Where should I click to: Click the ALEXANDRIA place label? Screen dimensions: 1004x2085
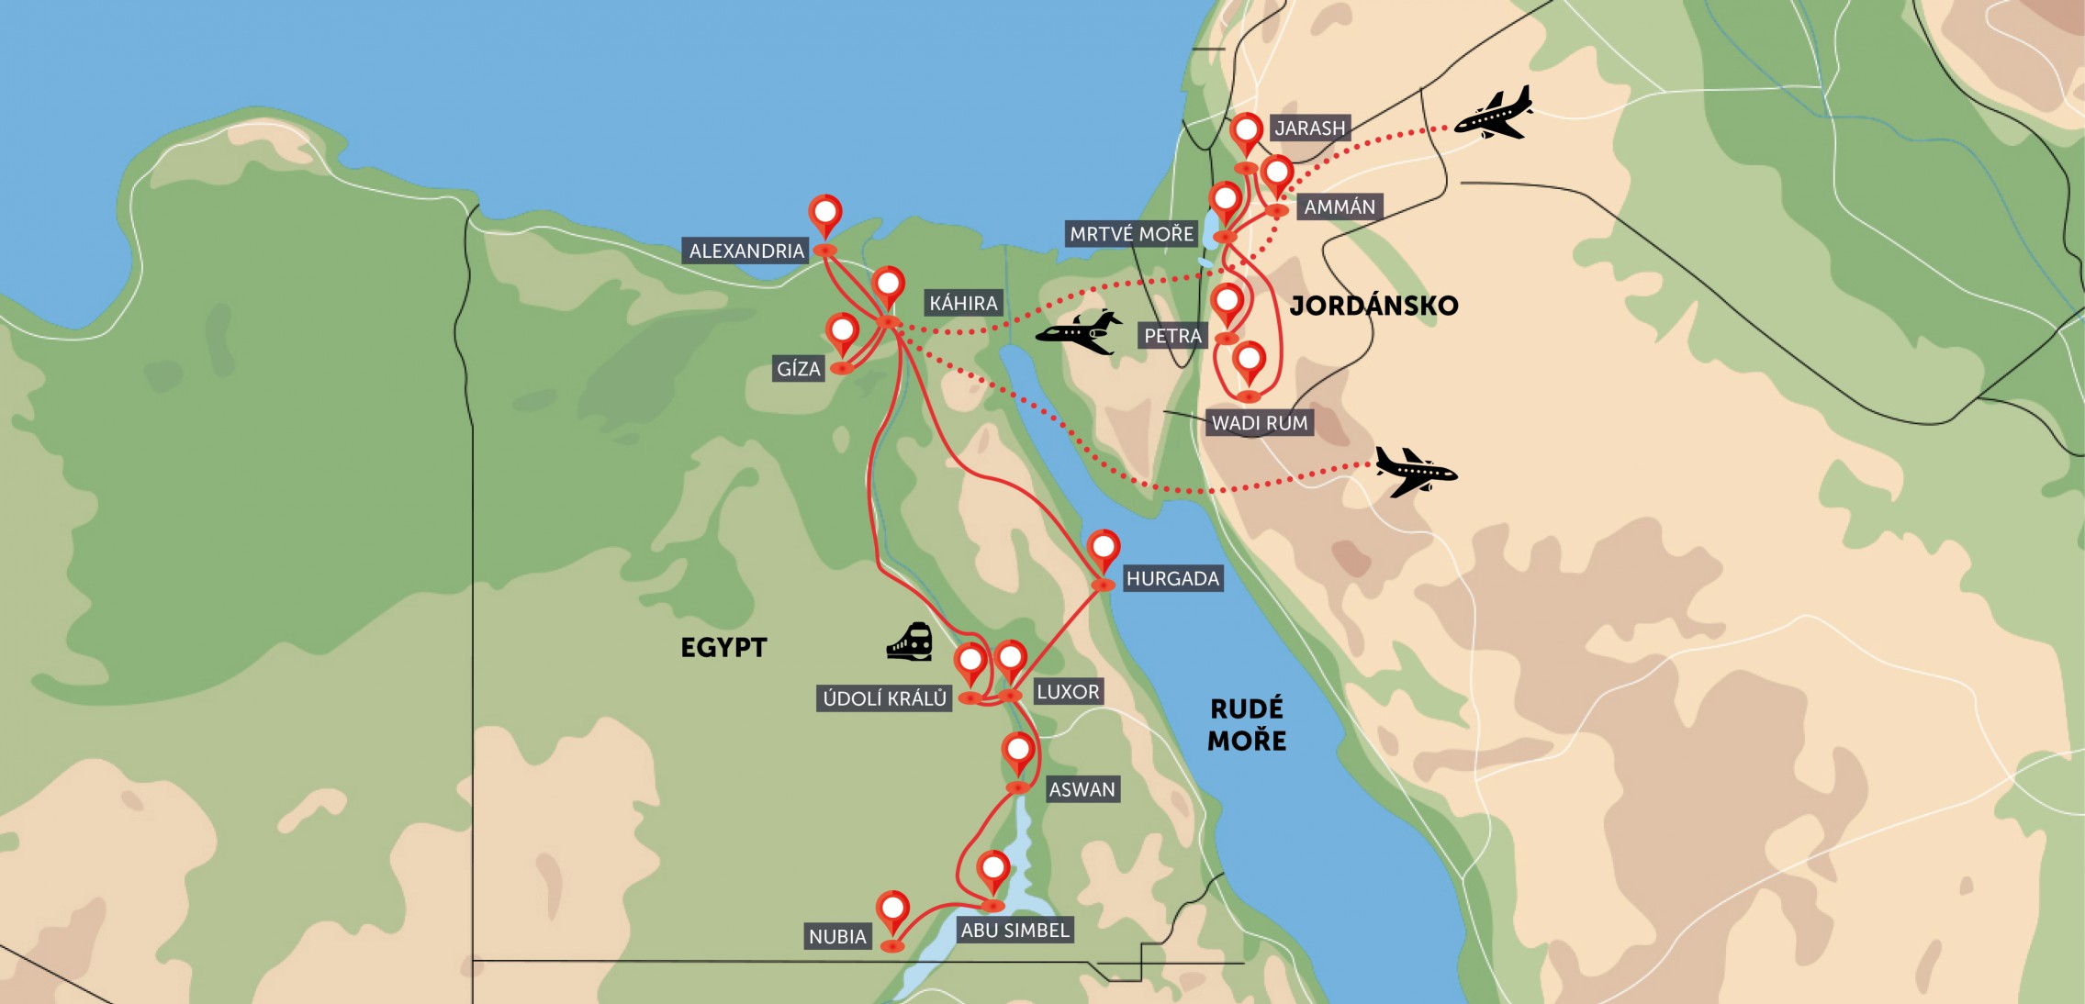point(745,251)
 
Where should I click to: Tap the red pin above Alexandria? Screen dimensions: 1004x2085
point(824,214)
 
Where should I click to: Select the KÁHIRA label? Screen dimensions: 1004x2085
point(962,303)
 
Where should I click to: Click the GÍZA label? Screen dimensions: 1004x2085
point(798,369)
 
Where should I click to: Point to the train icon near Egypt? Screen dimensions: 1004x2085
point(910,641)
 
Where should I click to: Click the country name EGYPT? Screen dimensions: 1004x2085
point(723,648)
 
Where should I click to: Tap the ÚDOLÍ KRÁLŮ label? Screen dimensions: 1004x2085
point(883,698)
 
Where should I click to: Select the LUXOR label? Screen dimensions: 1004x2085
point(1067,692)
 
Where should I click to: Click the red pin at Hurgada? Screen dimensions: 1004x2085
point(1103,549)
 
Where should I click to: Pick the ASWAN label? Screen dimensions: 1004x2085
point(1082,789)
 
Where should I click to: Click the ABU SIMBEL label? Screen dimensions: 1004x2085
point(1014,931)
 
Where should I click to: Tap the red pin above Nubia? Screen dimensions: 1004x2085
point(892,910)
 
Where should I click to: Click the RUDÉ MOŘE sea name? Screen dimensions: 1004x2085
point(1246,724)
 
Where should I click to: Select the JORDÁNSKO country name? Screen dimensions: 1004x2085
point(1373,306)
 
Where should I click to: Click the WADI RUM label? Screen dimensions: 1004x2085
point(1259,423)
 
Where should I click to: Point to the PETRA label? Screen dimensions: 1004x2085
point(1171,336)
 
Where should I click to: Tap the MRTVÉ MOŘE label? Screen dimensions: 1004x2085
point(1131,234)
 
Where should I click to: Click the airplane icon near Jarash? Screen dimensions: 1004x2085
point(1495,114)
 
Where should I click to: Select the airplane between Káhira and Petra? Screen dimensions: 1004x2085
point(1080,331)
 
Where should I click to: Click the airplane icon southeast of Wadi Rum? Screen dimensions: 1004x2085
point(1415,472)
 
